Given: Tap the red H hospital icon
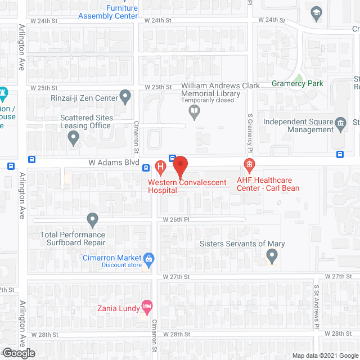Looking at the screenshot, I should coord(160,167).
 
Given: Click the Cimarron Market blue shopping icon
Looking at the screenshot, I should coord(149,259).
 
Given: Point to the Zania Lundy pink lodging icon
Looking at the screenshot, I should coord(147,307).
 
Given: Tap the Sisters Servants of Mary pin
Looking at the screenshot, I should coord(272,257).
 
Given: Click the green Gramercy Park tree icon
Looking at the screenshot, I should coord(299,78).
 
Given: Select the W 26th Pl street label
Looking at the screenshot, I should coord(175,219).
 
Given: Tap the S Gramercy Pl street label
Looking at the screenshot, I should coord(250,133).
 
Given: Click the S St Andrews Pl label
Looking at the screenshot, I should coord(317,307).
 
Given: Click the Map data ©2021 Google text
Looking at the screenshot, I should coord(324,355).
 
